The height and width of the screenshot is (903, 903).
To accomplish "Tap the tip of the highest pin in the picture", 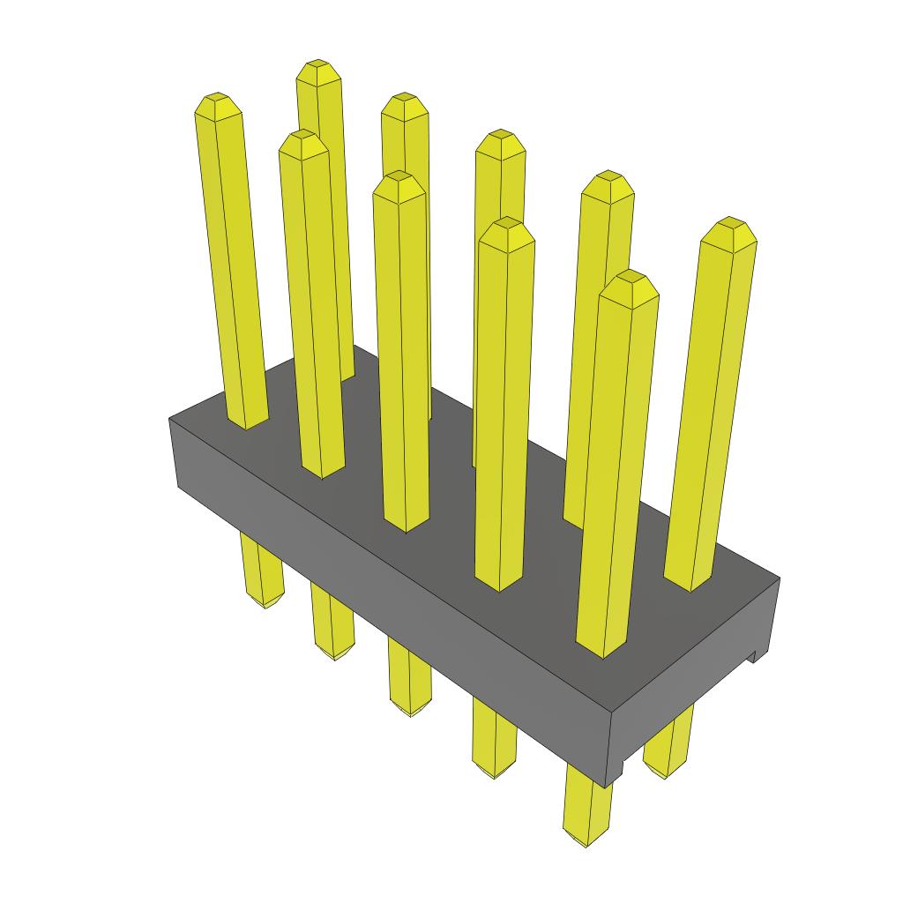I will [x=318, y=66].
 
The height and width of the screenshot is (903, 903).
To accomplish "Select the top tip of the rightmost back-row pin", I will [x=729, y=224].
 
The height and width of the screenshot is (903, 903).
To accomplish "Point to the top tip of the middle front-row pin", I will [x=399, y=178].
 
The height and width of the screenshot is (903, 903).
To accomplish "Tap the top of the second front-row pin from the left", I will [x=302, y=137].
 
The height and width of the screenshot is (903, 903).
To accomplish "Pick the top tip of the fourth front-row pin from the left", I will [x=508, y=224].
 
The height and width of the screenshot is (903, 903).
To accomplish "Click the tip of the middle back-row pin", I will [x=500, y=137].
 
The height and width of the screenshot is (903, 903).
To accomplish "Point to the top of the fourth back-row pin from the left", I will [x=608, y=178].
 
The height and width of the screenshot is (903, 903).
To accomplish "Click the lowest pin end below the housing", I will [x=586, y=833].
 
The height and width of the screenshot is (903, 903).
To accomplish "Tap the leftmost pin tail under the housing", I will [x=264, y=591].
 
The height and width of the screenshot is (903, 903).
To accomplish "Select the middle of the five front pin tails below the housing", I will [x=411, y=697].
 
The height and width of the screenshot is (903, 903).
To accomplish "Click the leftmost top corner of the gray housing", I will [x=169, y=419].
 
